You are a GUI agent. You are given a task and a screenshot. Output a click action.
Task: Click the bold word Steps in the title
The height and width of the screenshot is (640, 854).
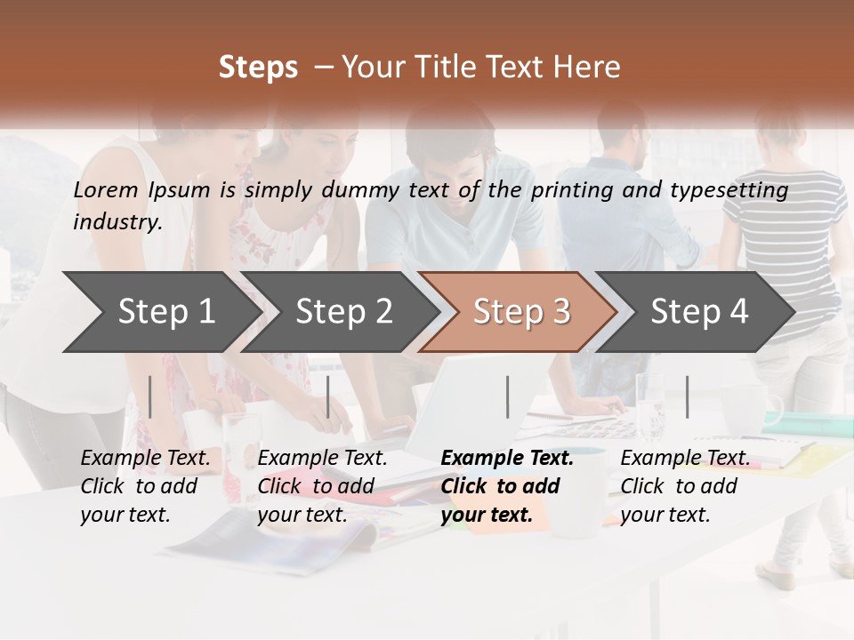click(x=258, y=68)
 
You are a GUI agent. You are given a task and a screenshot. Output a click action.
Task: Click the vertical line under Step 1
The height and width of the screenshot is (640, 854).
click(x=150, y=396)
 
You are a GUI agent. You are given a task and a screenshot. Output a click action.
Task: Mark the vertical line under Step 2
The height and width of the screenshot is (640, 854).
click(x=328, y=396)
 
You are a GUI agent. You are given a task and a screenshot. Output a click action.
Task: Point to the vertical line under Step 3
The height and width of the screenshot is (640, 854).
click(x=507, y=396)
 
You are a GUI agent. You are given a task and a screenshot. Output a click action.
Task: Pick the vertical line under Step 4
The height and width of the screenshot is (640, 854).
click(x=687, y=396)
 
